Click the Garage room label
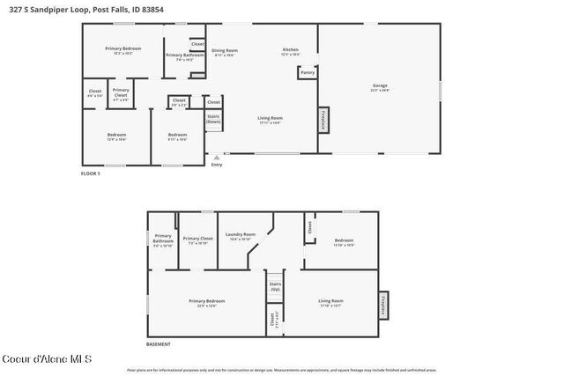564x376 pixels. [380, 86]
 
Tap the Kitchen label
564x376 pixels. [291, 50]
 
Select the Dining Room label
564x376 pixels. [225, 52]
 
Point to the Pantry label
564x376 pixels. [308, 73]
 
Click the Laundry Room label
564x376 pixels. [240, 235]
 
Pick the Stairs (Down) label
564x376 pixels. [213, 118]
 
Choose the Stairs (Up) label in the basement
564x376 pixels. [275, 286]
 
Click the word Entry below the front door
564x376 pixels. [217, 165]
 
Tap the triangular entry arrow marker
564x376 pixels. [217, 158]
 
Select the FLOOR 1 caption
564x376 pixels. [91, 173]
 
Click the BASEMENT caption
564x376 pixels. [159, 344]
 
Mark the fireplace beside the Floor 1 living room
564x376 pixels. [323, 120]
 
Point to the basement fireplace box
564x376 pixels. [383, 302]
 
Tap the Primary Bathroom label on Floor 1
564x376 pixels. [185, 57]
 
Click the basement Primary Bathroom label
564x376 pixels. [163, 239]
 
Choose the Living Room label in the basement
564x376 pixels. [331, 302]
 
